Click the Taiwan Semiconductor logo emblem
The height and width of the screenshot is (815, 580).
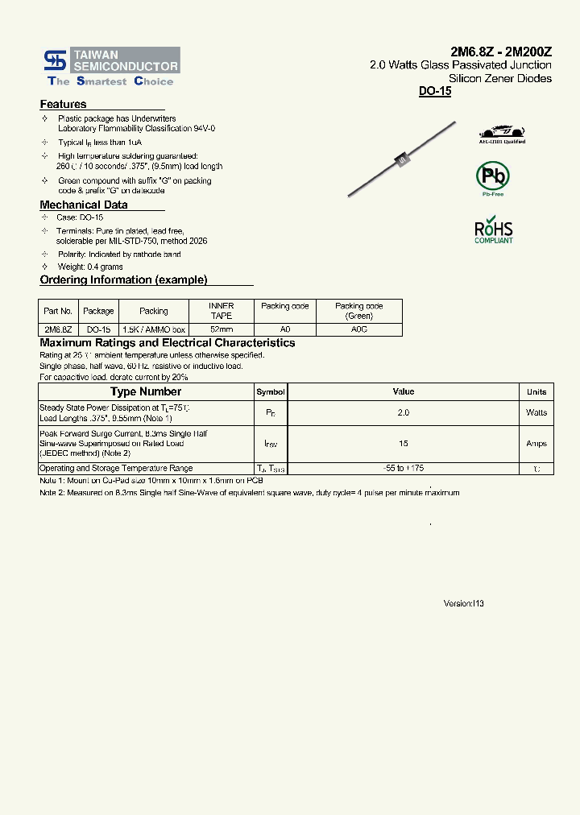[56, 60]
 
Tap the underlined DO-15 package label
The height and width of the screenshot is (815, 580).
[435, 92]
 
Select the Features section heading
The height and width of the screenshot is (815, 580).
[63, 104]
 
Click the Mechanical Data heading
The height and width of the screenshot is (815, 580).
[83, 205]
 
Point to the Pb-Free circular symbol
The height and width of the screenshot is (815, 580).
[492, 176]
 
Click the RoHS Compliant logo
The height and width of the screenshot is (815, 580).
[493, 229]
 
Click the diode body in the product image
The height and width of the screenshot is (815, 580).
[401, 161]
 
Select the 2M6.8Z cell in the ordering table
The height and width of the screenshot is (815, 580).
[57, 329]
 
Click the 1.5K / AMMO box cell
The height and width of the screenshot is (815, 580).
[153, 329]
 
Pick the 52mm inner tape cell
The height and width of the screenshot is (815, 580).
[221, 329]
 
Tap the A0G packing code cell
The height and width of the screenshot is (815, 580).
[358, 329]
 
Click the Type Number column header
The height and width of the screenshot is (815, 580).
[146, 391]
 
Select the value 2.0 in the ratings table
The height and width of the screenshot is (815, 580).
[403, 412]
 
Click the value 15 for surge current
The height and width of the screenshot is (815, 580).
[403, 444]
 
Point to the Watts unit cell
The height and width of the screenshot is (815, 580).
[536, 412]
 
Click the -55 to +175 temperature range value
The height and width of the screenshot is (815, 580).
[403, 468]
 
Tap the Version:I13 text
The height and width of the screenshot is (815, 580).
[464, 603]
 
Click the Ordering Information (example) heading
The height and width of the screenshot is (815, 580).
[123, 279]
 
